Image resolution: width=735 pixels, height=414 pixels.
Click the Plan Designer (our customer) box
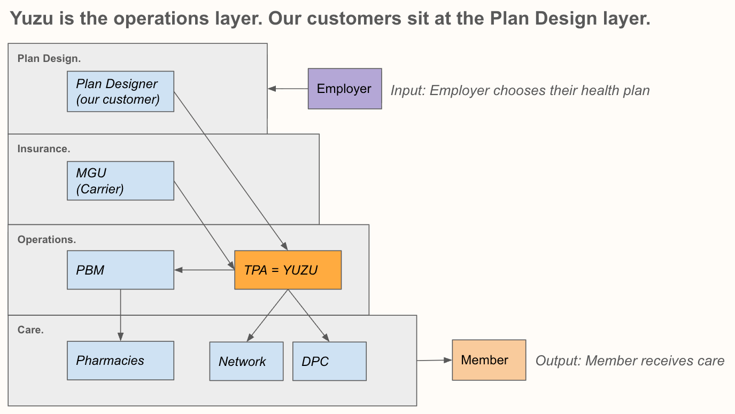click(x=120, y=91)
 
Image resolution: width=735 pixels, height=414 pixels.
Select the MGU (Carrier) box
click(x=120, y=181)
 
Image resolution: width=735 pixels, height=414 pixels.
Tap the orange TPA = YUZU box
click(x=288, y=270)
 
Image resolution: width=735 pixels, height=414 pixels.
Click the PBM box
click(x=120, y=270)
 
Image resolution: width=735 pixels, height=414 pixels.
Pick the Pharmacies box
click(x=120, y=361)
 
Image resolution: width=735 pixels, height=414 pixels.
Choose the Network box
click(x=246, y=361)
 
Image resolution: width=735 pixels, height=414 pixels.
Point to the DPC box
click(x=329, y=361)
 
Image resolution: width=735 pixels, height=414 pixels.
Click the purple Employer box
click(x=345, y=89)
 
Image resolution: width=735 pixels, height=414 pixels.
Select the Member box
click(x=489, y=360)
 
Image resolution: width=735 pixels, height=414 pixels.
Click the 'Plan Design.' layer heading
click(x=49, y=59)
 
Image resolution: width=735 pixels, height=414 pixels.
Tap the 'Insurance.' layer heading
click(x=44, y=149)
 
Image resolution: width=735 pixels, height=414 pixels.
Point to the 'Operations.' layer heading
click(x=47, y=240)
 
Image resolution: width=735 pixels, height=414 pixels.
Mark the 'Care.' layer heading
click(x=30, y=330)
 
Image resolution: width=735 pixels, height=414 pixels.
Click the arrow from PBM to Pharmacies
click(x=120, y=315)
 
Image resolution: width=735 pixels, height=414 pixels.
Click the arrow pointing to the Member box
click(x=434, y=361)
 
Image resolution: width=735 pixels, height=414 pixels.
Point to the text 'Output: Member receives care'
click(x=630, y=361)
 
